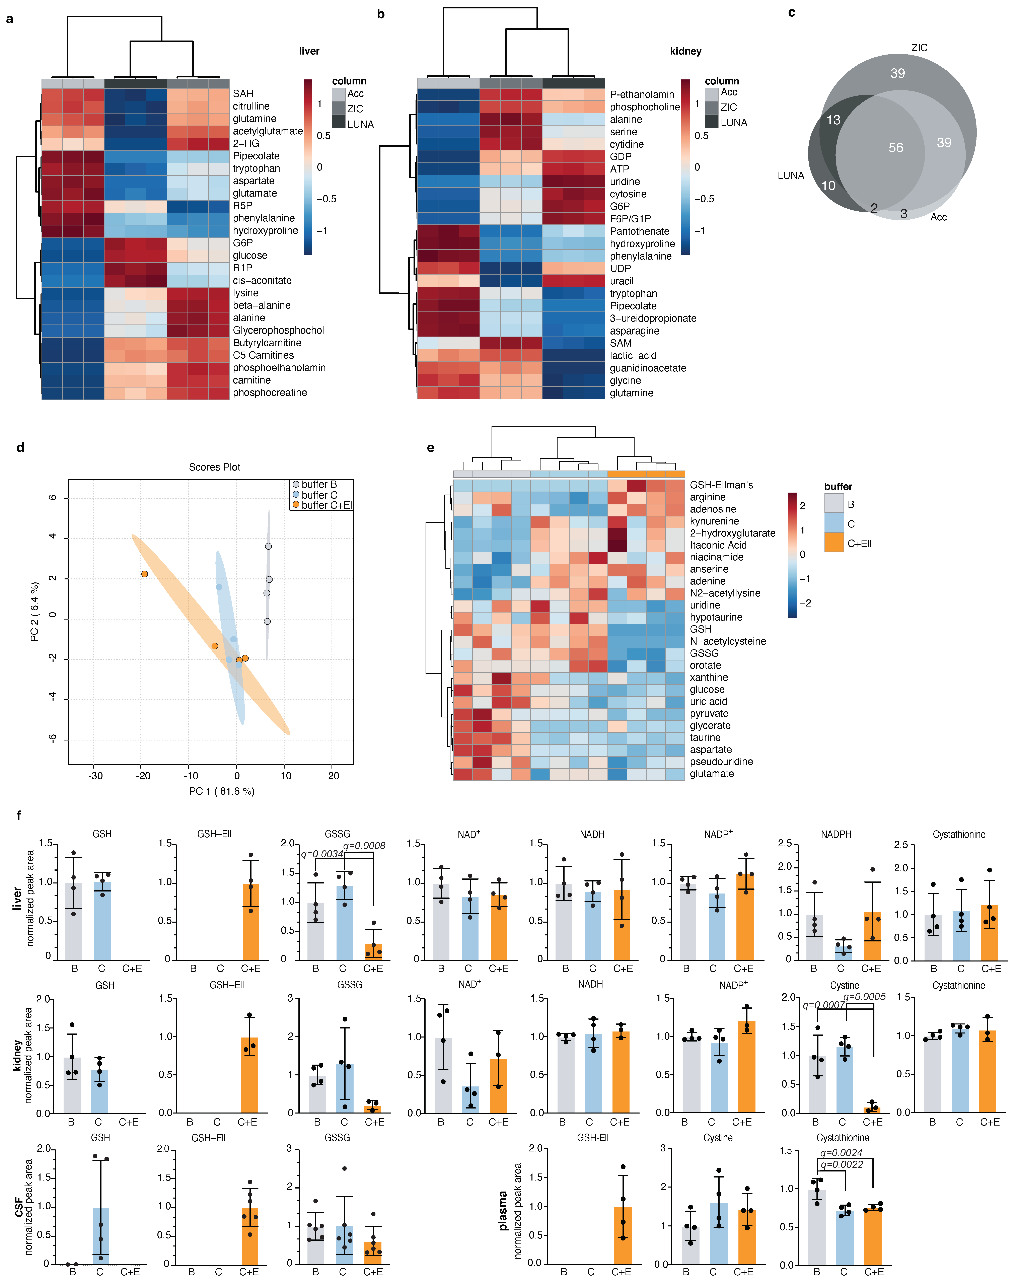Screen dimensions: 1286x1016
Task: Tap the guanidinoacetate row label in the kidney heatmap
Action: [648, 368]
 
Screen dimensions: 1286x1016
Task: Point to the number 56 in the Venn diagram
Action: [895, 148]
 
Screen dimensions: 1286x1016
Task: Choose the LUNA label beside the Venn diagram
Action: [791, 175]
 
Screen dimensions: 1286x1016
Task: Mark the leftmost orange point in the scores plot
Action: [145, 574]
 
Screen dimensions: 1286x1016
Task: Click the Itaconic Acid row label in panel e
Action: [718, 545]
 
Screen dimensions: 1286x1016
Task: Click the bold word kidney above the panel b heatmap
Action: [685, 51]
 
